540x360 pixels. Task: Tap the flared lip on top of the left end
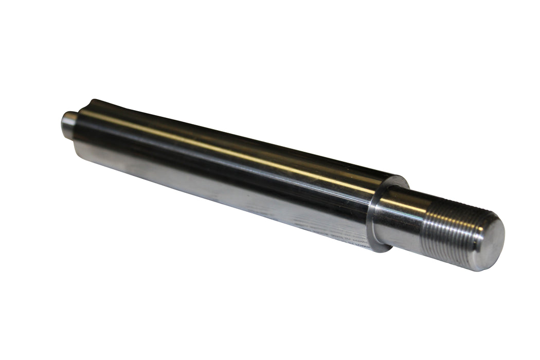coord(95,104)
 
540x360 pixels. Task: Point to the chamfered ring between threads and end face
coord(478,242)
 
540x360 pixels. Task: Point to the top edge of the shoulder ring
coord(399,178)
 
